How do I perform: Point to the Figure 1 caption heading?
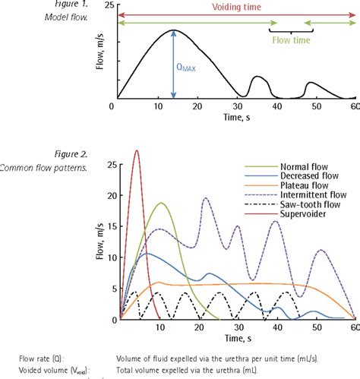[x=72, y=5]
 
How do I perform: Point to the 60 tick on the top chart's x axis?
[x=353, y=106]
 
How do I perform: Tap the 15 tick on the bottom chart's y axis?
[x=112, y=226]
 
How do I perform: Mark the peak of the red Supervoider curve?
[x=137, y=150]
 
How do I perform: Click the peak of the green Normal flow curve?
[x=161, y=204]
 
